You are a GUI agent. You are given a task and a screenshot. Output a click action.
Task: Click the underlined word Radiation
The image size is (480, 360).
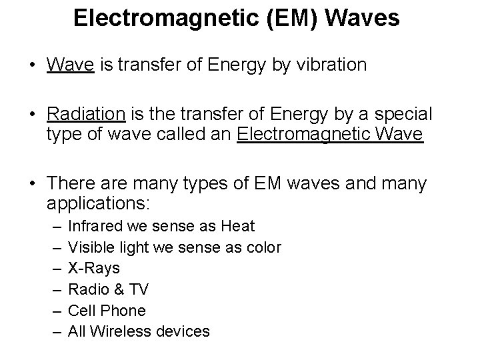(x=85, y=113)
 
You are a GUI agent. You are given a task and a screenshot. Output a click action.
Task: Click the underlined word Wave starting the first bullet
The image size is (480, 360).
(x=69, y=65)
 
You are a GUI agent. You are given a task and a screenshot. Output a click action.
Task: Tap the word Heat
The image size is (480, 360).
(x=238, y=227)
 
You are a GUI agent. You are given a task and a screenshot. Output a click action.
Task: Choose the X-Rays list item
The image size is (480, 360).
(x=94, y=269)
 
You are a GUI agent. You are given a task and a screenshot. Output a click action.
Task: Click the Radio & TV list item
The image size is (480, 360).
(x=109, y=289)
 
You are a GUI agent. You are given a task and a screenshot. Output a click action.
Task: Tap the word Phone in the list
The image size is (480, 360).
(x=123, y=310)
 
